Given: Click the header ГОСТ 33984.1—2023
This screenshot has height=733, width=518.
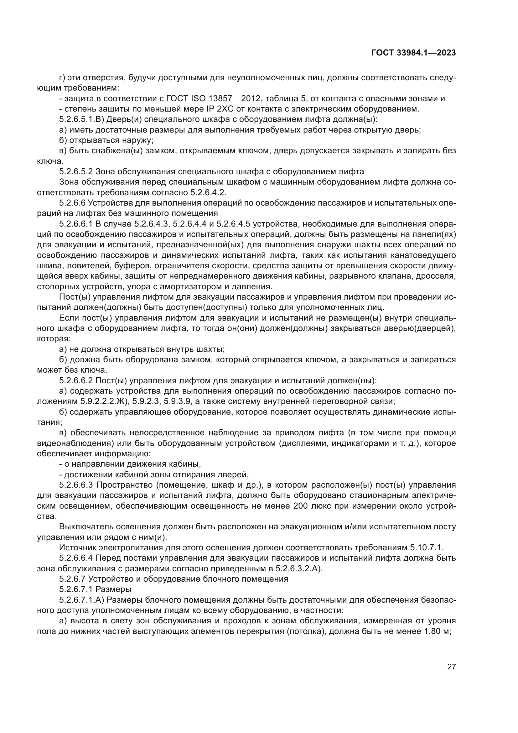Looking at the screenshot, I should (x=413, y=53).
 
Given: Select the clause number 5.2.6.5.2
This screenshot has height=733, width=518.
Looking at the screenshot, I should (x=76, y=171).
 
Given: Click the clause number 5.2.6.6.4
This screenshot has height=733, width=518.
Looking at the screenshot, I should (x=76, y=558).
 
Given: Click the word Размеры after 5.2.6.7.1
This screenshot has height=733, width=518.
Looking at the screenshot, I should (x=114, y=589).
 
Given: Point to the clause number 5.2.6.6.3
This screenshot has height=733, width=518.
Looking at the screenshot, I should (x=76, y=485).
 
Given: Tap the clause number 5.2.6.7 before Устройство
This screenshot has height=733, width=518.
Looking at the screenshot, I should (x=72, y=579).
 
